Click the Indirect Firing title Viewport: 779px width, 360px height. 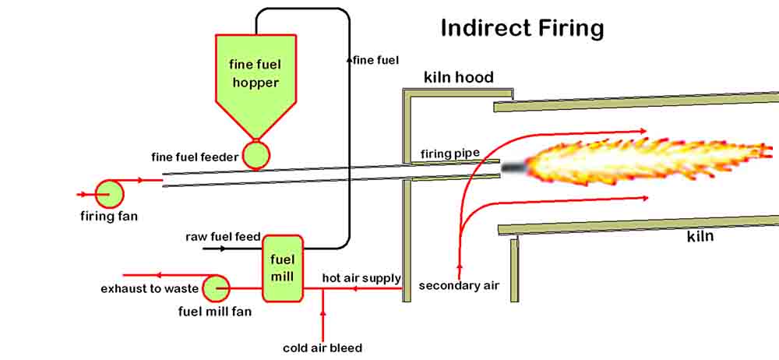pyautogui.click(x=522, y=28)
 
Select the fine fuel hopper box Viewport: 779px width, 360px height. pyautogui.click(x=255, y=74)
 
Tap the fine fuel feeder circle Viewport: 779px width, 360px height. pyautogui.click(x=256, y=155)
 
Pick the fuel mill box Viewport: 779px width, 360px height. pyautogui.click(x=282, y=268)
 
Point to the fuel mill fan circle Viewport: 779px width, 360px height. pyautogui.click(x=215, y=288)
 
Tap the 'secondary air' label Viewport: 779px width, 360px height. pyautogui.click(x=458, y=285)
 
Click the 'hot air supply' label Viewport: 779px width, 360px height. pyautogui.click(x=361, y=278)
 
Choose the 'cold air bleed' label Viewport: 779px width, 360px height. pyautogui.click(x=323, y=348)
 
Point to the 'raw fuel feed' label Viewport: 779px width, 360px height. pyautogui.click(x=222, y=235)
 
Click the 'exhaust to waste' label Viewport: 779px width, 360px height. pyautogui.click(x=150, y=289)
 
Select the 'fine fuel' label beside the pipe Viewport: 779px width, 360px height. pyautogui.click(x=375, y=59)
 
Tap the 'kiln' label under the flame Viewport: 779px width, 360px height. pyautogui.click(x=700, y=235)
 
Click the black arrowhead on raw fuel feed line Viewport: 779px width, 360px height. pyautogui.click(x=223, y=249)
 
